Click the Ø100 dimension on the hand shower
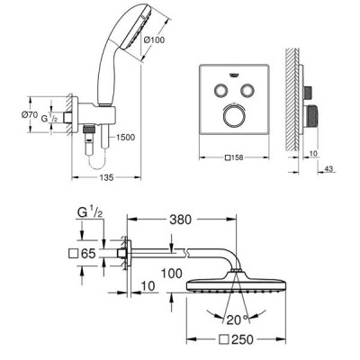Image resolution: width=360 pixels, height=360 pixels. pyautogui.click(x=154, y=40)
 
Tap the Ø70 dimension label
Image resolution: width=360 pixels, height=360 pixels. pyautogui.click(x=29, y=114)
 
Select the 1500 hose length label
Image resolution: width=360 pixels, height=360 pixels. pyautogui.click(x=126, y=138)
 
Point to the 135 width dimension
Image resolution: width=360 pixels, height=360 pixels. pyautogui.click(x=106, y=177)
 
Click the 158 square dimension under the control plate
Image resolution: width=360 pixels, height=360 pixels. pyautogui.click(x=234, y=157)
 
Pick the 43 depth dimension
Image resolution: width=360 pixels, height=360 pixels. pyautogui.click(x=328, y=169)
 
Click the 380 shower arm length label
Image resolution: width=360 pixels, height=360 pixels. pyautogui.click(x=180, y=220)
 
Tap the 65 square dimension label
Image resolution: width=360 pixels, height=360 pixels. pyautogui.click(x=82, y=254)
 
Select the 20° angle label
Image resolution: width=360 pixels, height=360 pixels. pyautogui.click(x=238, y=320)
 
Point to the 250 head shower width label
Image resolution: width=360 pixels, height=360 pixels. pyautogui.click(x=237, y=339)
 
